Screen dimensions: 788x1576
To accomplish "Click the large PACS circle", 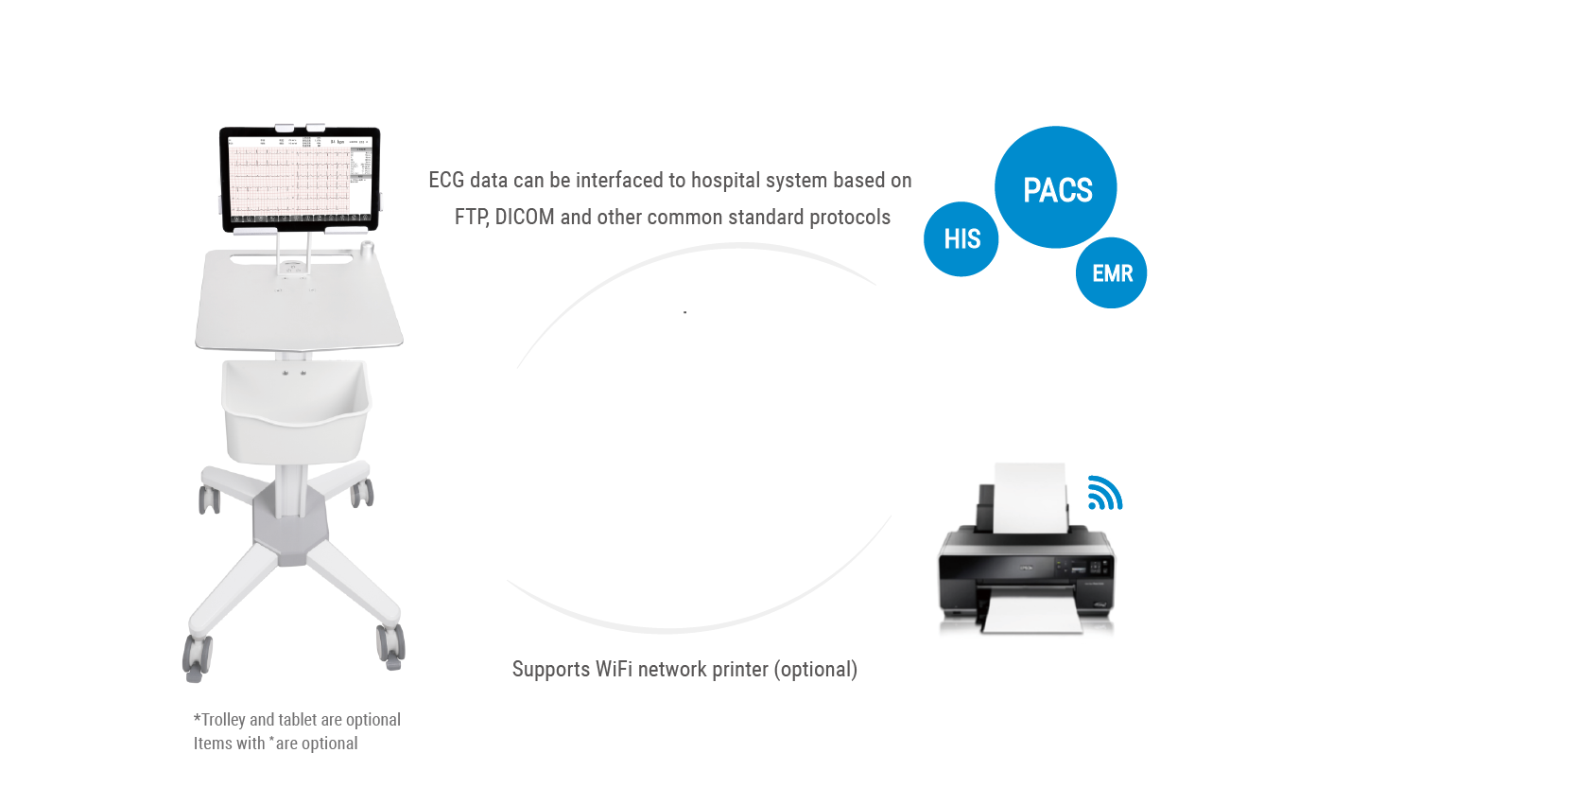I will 1056,187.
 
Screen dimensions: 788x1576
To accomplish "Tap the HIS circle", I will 961,239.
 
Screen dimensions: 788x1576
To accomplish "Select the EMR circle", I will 1112,273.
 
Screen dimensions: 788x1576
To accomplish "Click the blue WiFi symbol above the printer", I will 1103,494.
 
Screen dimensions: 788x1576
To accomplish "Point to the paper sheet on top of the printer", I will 1030,492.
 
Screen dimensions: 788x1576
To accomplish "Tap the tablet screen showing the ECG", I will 299,179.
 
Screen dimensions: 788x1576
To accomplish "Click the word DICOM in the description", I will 525,218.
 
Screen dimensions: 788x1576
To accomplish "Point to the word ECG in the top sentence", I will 446,181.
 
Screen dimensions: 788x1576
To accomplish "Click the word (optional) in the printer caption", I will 815,670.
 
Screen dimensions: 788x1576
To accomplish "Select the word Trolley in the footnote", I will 223,720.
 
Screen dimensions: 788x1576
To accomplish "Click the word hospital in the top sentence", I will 725,181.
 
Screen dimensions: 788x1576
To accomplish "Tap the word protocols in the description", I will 849,218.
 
